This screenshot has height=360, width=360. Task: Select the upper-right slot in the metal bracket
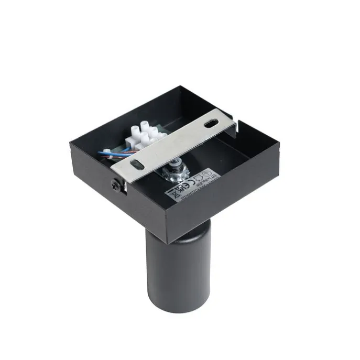point(210,124)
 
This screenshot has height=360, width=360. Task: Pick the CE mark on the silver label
point(189,181)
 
